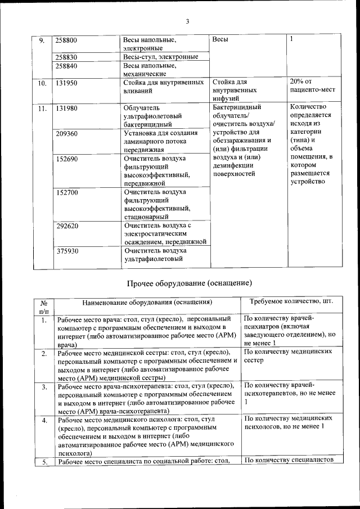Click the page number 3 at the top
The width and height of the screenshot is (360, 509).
coord(187,21)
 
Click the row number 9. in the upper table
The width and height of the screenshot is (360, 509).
coord(42,40)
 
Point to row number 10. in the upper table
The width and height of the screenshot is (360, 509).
coord(42,83)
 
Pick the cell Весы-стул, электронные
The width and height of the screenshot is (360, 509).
coord(160,57)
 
